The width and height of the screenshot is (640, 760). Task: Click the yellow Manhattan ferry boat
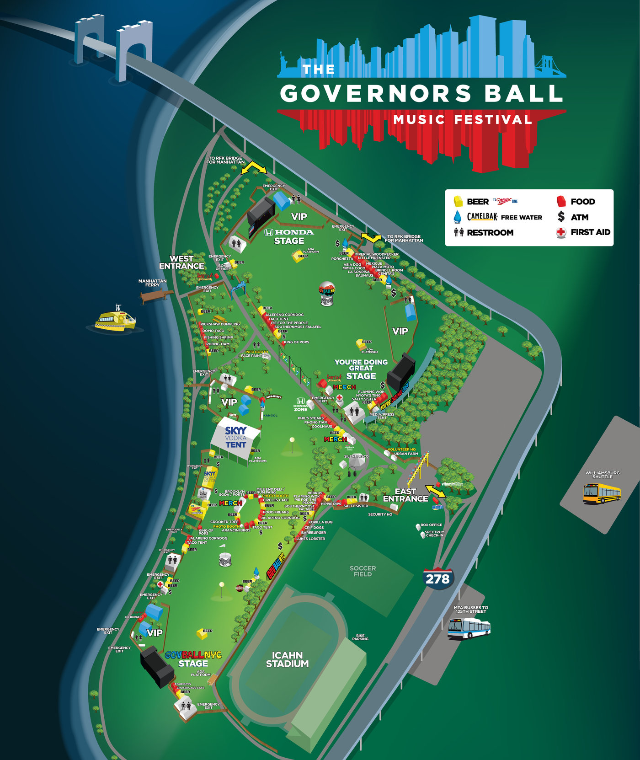(x=116, y=319)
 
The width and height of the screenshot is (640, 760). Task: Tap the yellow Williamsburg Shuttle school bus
(x=602, y=494)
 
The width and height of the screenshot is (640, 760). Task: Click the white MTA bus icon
(x=469, y=628)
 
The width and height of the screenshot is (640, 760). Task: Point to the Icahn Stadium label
(x=287, y=659)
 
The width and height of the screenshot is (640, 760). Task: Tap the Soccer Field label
(x=363, y=571)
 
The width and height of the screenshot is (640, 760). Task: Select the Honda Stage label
(x=289, y=236)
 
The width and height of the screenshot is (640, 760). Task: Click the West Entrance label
(x=181, y=262)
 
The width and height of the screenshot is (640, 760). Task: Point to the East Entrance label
(x=405, y=495)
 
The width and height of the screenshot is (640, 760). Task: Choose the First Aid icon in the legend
(x=561, y=232)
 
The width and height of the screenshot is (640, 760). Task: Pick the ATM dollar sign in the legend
(x=561, y=217)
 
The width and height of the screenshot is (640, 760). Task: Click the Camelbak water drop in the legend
(x=457, y=217)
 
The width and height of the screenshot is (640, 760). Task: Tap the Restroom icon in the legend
(x=459, y=232)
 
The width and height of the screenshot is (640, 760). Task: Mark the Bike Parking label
(x=360, y=637)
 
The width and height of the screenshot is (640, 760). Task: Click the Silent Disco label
(x=356, y=456)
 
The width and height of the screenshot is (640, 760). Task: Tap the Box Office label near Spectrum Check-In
(x=431, y=525)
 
